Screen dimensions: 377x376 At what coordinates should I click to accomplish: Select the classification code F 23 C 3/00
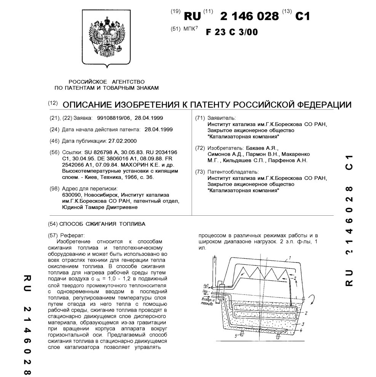click(x=232, y=32)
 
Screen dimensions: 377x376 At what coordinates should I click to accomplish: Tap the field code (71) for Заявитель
click(x=200, y=118)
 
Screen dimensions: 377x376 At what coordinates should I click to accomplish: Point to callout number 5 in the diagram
click(x=235, y=336)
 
